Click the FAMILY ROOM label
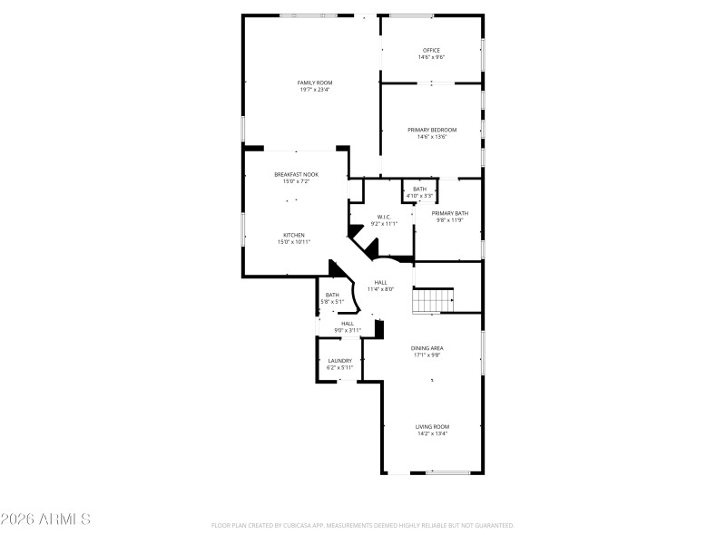[315, 83]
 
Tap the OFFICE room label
[431, 50]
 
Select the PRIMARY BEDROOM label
[431, 130]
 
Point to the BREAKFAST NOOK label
[296, 174]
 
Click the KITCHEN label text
[294, 235]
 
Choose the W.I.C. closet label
[383, 217]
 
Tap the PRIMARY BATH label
[449, 213]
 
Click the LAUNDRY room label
[339, 360]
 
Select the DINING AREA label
[427, 348]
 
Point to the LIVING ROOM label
[433, 426]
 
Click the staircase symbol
[433, 300]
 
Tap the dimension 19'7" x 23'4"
[315, 90]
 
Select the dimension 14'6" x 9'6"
[431, 57]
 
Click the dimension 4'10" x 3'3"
[419, 196]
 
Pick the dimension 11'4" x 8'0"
[380, 289]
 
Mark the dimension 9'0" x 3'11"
[348, 330]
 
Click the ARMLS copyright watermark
[45, 520]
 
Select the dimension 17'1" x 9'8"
[427, 355]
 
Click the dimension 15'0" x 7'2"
[296, 181]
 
